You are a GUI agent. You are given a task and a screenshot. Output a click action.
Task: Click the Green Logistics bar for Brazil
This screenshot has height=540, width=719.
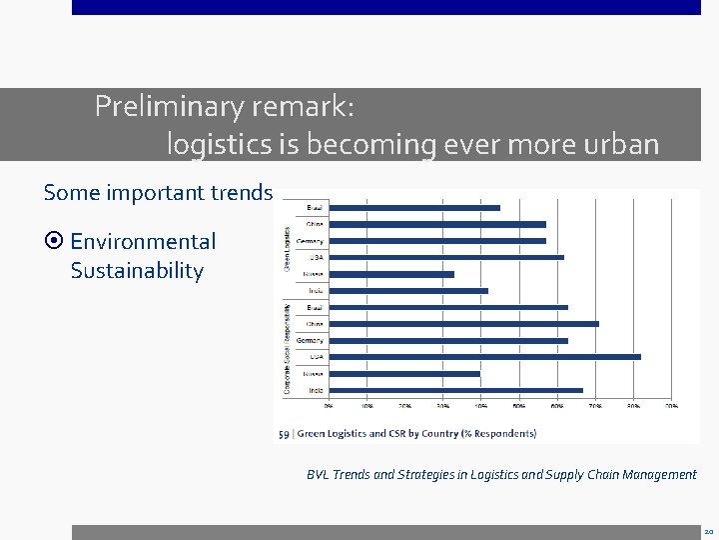(414, 208)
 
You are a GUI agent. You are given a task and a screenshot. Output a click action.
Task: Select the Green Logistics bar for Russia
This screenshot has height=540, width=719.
(391, 274)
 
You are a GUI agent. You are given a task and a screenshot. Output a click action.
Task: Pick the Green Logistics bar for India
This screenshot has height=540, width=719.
(408, 291)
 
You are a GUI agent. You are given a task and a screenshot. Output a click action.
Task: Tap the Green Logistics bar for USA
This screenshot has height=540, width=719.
(446, 258)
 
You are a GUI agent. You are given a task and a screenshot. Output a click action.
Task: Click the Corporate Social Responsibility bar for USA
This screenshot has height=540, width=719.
(484, 357)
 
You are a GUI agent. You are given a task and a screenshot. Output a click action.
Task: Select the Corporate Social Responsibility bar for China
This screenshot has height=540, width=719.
(463, 324)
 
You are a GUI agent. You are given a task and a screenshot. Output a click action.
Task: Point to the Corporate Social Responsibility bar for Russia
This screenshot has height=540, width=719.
(404, 374)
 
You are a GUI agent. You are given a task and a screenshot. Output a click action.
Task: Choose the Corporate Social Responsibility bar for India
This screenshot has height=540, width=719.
(455, 390)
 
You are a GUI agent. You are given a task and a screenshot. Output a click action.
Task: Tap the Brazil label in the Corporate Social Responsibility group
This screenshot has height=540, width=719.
(314, 307)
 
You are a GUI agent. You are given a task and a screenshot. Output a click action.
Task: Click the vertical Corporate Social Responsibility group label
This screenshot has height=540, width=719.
(289, 348)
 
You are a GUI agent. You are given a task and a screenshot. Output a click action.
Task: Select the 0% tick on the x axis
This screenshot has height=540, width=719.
(329, 407)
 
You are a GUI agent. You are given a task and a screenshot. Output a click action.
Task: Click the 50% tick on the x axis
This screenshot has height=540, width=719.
(519, 407)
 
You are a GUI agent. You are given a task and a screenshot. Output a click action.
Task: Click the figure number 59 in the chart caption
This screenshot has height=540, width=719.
(284, 434)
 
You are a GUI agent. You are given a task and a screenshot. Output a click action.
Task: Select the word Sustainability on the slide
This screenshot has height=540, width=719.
(137, 271)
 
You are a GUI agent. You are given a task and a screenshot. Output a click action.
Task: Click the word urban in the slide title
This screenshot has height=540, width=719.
(622, 145)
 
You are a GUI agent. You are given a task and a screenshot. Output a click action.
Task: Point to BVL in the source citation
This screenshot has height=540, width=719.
(318, 475)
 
